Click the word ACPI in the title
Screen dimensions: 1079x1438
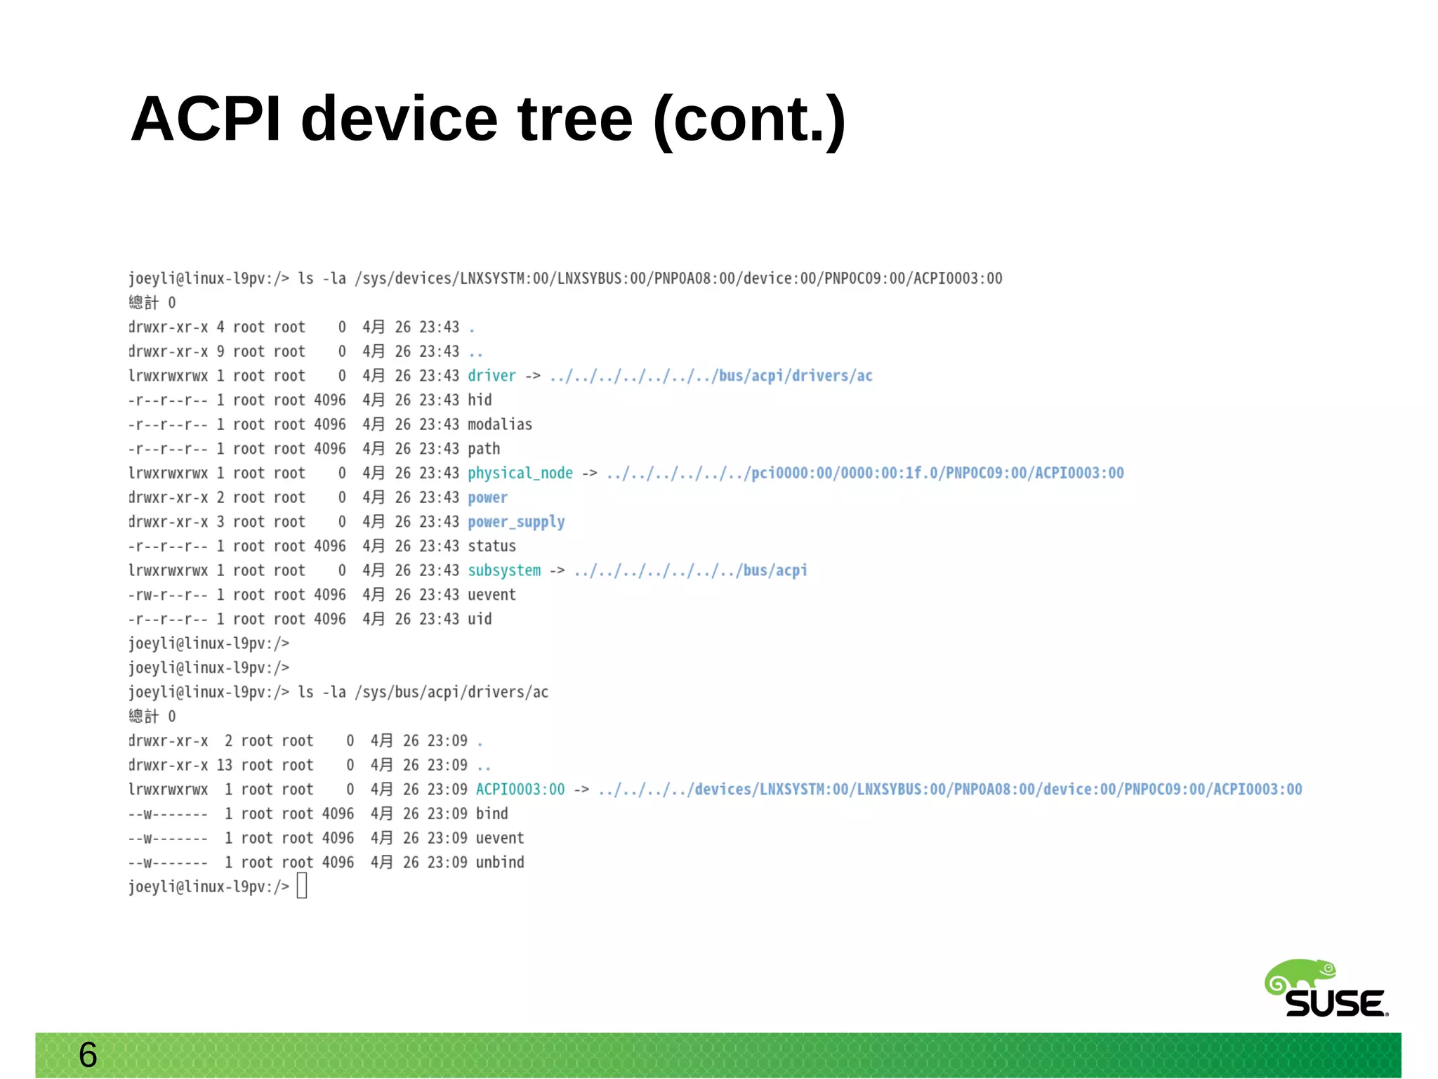(x=206, y=119)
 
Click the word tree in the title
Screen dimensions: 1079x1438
(x=575, y=119)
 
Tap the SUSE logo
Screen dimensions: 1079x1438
(x=1326, y=989)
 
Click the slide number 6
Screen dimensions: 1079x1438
(x=88, y=1054)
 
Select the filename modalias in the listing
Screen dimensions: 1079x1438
(x=500, y=424)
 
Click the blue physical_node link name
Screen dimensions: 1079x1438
(x=520, y=473)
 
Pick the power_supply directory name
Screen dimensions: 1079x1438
(x=516, y=522)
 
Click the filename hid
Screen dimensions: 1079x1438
(x=480, y=400)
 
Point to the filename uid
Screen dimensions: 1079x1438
(x=480, y=619)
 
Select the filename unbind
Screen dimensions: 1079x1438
(x=500, y=862)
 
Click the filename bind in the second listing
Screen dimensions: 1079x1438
(x=492, y=813)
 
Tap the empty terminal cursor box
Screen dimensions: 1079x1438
(x=302, y=886)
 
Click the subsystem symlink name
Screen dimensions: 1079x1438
(x=504, y=570)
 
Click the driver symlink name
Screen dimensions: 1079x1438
(x=492, y=376)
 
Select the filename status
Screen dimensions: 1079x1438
(x=492, y=546)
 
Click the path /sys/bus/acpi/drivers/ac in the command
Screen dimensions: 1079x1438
(x=451, y=692)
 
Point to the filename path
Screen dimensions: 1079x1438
(x=484, y=448)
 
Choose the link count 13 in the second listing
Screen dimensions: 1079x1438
(x=224, y=765)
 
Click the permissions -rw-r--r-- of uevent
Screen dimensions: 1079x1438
(x=168, y=595)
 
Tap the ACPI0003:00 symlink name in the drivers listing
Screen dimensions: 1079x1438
(x=520, y=790)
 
